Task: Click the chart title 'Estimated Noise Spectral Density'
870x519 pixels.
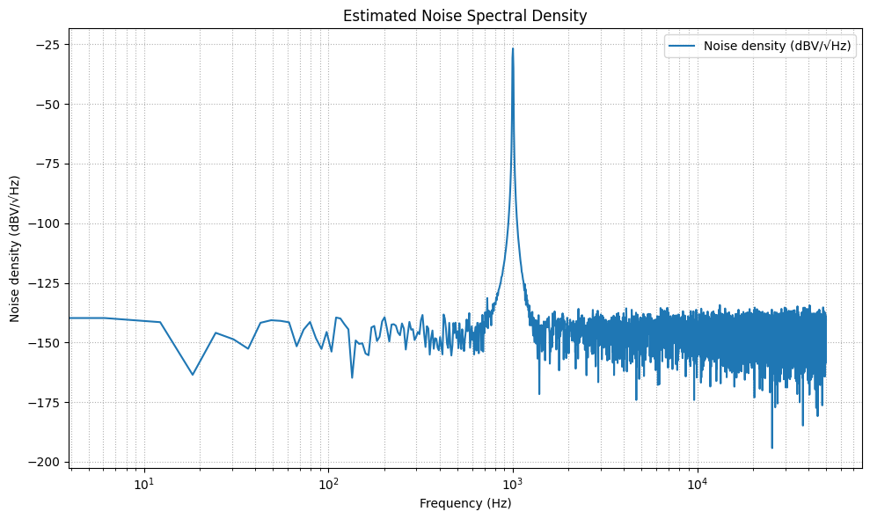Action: pyautogui.click(x=464, y=16)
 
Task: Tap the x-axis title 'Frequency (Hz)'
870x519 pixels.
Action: pyautogui.click(x=464, y=504)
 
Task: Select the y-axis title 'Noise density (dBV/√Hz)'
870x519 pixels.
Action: pyautogui.click(x=15, y=248)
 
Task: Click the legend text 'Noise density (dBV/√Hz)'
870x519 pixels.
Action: pyautogui.click(x=778, y=48)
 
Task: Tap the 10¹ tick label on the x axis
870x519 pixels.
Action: pyautogui.click(x=144, y=483)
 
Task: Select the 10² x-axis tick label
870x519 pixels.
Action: pyautogui.click(x=329, y=483)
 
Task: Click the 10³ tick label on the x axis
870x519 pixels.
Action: pyautogui.click(x=513, y=483)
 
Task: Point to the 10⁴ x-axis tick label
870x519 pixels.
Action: pyautogui.click(x=698, y=483)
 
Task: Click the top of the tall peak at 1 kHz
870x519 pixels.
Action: pyautogui.click(x=513, y=49)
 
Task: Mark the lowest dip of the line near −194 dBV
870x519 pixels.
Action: pyautogui.click(x=771, y=448)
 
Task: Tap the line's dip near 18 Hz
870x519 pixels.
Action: pyautogui.click(x=193, y=375)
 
